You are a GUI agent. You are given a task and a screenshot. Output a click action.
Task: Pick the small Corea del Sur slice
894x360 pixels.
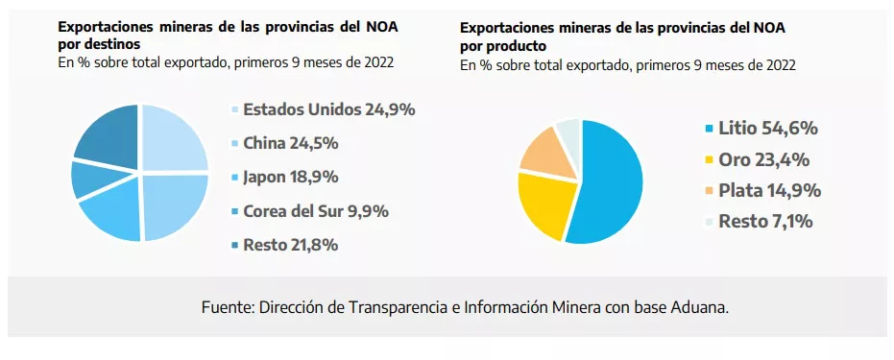coord(89,179)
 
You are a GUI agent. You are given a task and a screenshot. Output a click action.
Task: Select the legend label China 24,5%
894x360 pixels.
coord(290,143)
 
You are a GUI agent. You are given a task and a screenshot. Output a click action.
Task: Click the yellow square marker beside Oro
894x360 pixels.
coord(709,160)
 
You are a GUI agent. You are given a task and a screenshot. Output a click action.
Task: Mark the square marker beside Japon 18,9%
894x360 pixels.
coord(235,178)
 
